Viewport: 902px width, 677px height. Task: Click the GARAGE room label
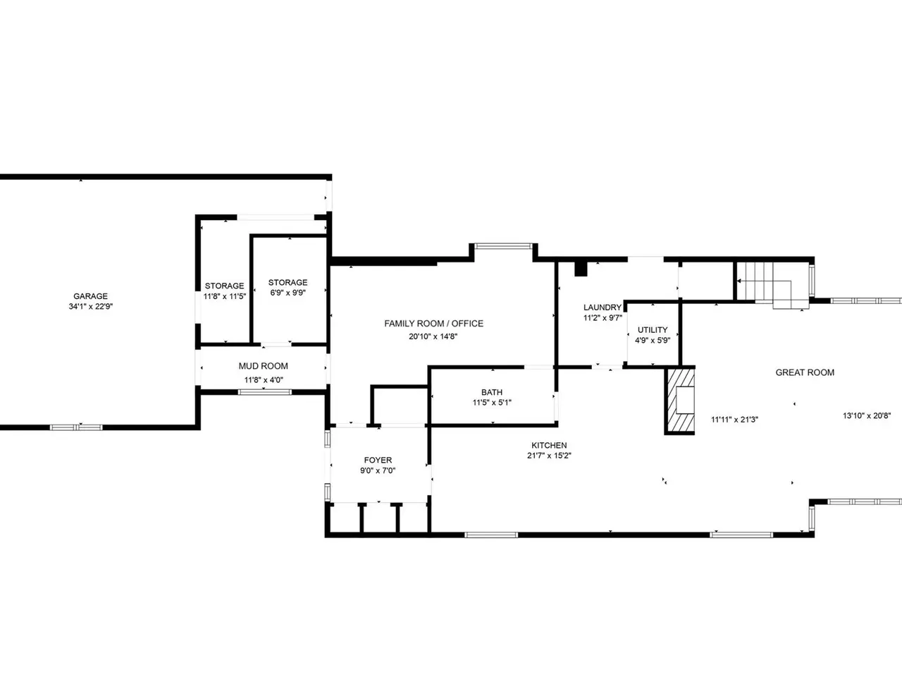pyautogui.click(x=90, y=296)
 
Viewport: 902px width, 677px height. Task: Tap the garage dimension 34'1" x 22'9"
pyautogui.click(x=91, y=306)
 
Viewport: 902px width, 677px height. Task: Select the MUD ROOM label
pyautogui.click(x=263, y=366)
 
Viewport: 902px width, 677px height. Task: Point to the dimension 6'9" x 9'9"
pyautogui.click(x=288, y=293)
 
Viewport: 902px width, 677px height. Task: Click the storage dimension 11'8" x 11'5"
pyautogui.click(x=224, y=296)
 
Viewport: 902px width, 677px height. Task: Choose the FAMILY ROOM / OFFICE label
pyautogui.click(x=433, y=324)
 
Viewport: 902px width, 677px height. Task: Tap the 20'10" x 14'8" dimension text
pyautogui.click(x=433, y=336)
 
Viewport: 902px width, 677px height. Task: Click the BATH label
pyautogui.click(x=492, y=392)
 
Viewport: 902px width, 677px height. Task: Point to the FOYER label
pyautogui.click(x=378, y=460)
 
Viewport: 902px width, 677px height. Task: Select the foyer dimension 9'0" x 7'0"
pyautogui.click(x=378, y=470)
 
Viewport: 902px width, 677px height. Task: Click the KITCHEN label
pyautogui.click(x=549, y=445)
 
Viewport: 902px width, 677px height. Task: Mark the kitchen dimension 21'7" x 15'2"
pyautogui.click(x=549, y=456)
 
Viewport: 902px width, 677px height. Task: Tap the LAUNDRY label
pyautogui.click(x=603, y=307)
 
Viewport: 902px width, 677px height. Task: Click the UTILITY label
pyautogui.click(x=653, y=329)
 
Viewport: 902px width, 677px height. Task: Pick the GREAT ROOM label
pyautogui.click(x=805, y=372)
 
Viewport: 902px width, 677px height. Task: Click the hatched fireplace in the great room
pyautogui.click(x=680, y=401)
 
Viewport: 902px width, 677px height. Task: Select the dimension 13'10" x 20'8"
pyautogui.click(x=867, y=415)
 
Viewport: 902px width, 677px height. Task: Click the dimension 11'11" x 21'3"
pyautogui.click(x=734, y=420)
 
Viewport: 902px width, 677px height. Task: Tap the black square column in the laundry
pyautogui.click(x=581, y=269)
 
